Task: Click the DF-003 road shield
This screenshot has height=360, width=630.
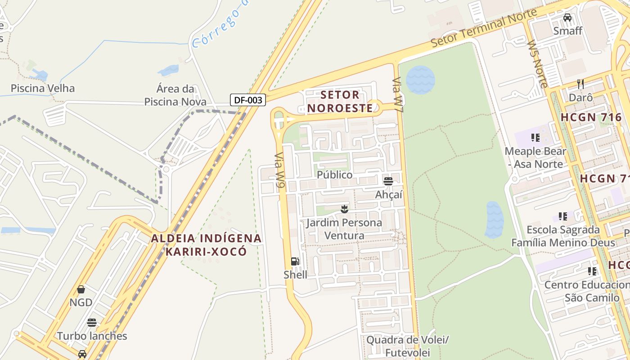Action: click(x=248, y=100)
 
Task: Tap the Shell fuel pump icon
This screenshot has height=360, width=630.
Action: click(x=295, y=261)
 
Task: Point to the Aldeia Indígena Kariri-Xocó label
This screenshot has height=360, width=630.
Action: click(x=206, y=245)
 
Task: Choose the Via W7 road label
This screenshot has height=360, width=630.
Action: click(x=397, y=94)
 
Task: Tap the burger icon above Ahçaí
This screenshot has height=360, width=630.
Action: click(x=388, y=181)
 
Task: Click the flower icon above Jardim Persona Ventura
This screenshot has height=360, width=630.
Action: click(x=344, y=209)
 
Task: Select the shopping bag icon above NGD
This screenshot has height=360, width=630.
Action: click(x=81, y=289)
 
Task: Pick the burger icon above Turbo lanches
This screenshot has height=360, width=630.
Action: click(x=92, y=323)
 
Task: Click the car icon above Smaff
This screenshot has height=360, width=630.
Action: click(x=567, y=18)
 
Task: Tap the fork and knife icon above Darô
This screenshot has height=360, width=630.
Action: click(x=580, y=84)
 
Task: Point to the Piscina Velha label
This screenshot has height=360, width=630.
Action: click(x=43, y=88)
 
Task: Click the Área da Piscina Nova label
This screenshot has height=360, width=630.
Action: click(x=175, y=95)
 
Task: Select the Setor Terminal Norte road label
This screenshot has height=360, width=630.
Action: click(x=484, y=28)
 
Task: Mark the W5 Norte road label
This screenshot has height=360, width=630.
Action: click(x=537, y=64)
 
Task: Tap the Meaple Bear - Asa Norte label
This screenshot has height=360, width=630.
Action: click(x=535, y=157)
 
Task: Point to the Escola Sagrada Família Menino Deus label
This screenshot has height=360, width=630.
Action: click(x=563, y=236)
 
